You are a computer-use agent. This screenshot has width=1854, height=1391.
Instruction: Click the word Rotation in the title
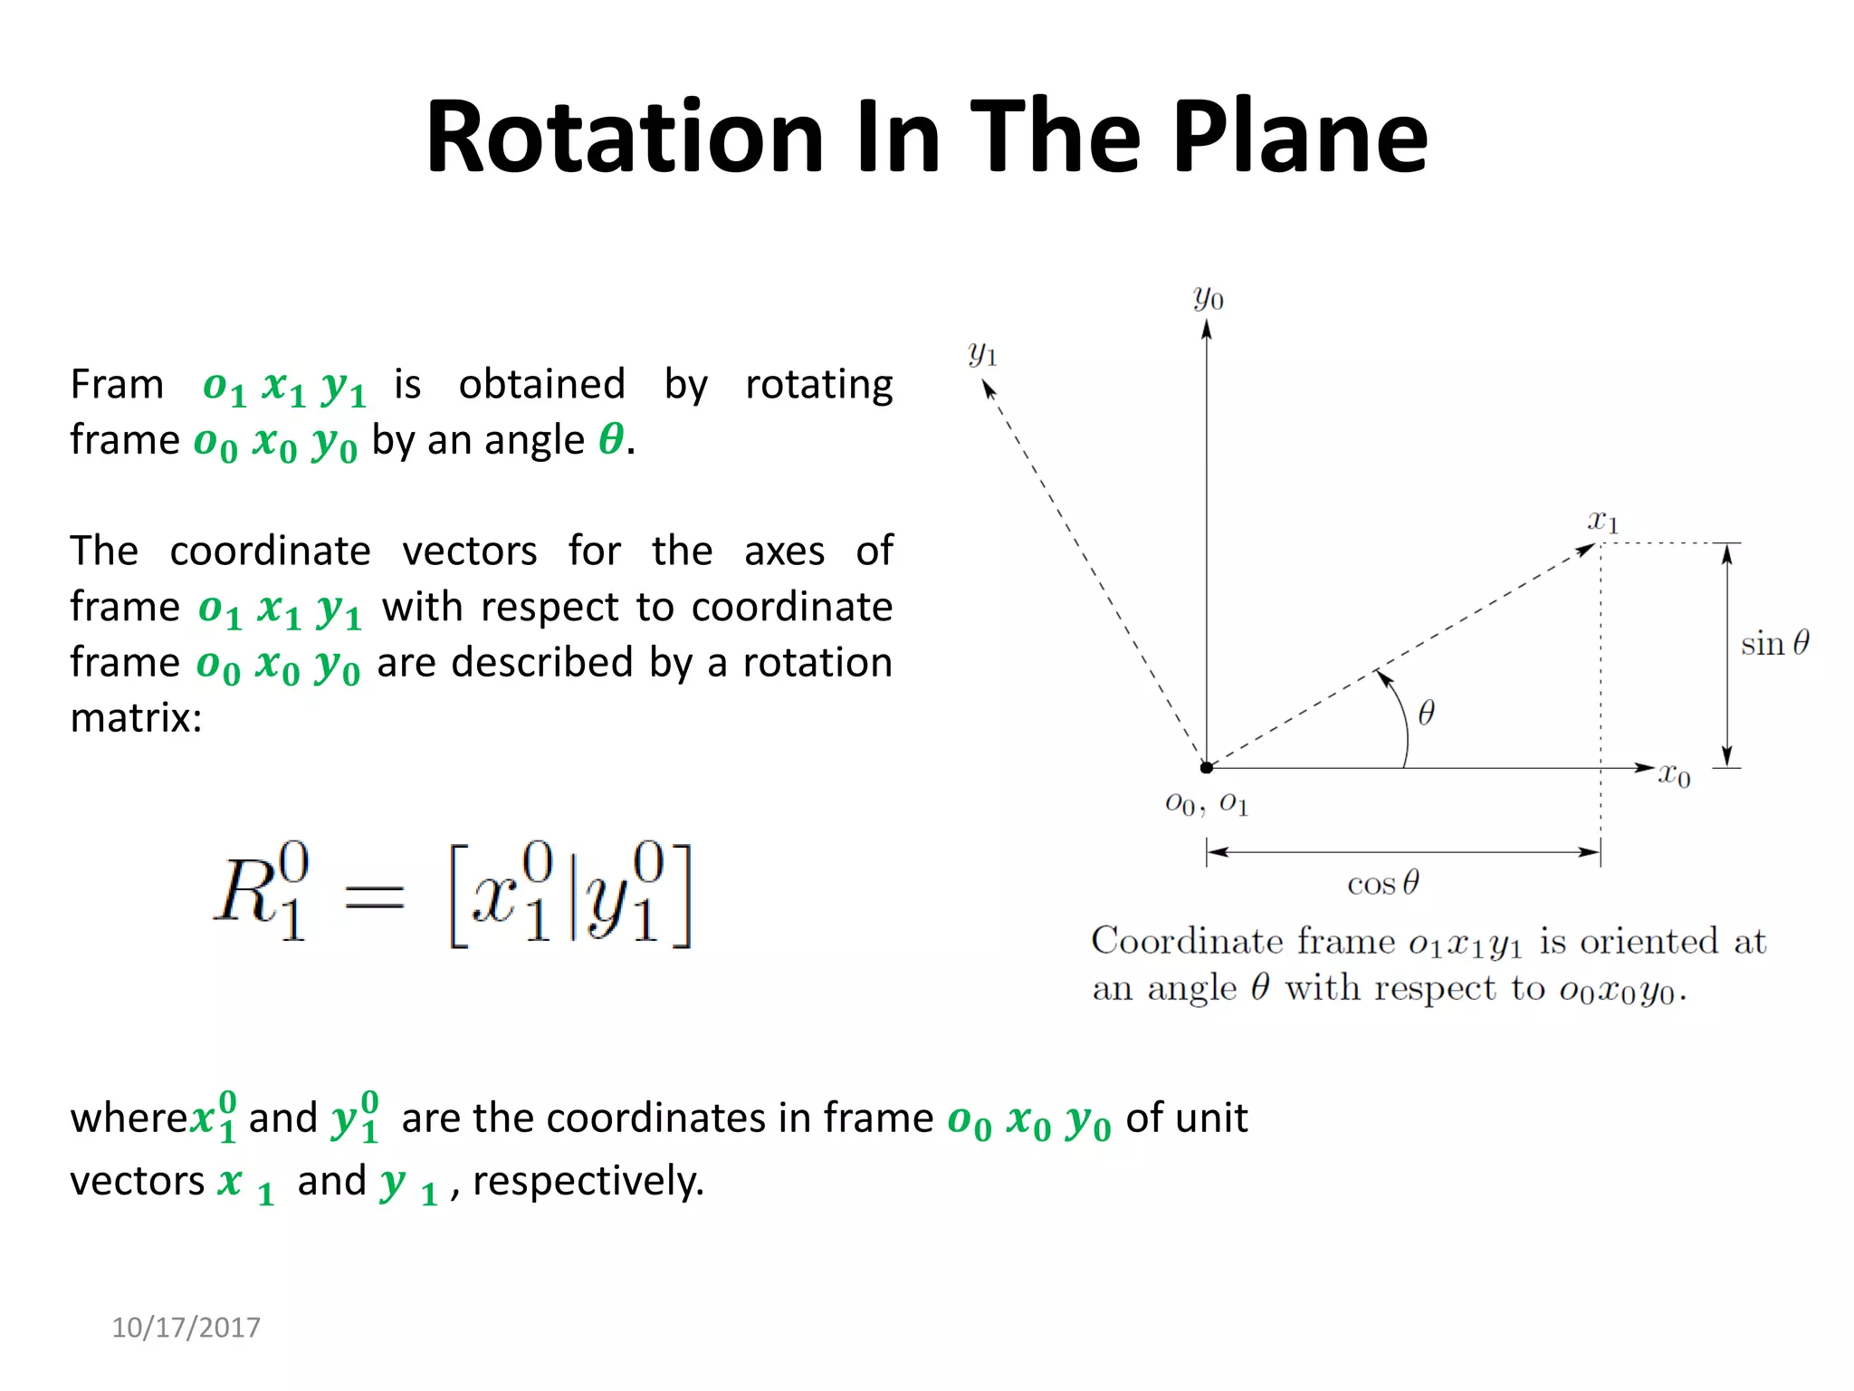pyautogui.click(x=625, y=137)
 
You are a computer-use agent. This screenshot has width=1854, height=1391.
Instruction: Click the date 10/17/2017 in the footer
pyautogui.click(x=186, y=1327)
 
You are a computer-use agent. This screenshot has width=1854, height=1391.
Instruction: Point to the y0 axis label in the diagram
pyautogui.click(x=1208, y=297)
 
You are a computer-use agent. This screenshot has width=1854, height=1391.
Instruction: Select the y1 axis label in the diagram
pyautogui.click(x=981, y=353)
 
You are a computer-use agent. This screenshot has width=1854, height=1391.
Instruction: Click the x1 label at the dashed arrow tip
pyautogui.click(x=1602, y=521)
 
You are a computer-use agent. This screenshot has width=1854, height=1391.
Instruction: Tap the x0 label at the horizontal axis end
pyautogui.click(x=1674, y=775)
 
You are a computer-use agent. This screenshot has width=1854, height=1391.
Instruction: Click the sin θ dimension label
pyautogui.click(x=1774, y=643)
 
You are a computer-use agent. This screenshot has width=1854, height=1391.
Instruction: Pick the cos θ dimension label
pyautogui.click(x=1382, y=883)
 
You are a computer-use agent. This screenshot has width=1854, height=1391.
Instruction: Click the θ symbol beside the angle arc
pyautogui.click(x=1426, y=713)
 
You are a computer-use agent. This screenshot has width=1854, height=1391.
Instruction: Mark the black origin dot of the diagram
pyautogui.click(x=1206, y=768)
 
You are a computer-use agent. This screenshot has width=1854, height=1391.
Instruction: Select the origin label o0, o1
pyautogui.click(x=1206, y=803)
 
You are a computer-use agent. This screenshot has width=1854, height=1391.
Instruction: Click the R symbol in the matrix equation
pyautogui.click(x=246, y=892)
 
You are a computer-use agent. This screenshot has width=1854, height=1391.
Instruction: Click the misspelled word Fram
pyautogui.click(x=117, y=384)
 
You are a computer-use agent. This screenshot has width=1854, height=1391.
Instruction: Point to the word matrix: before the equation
pyautogui.click(x=136, y=718)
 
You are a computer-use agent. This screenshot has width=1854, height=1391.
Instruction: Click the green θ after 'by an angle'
pyautogui.click(x=611, y=440)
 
